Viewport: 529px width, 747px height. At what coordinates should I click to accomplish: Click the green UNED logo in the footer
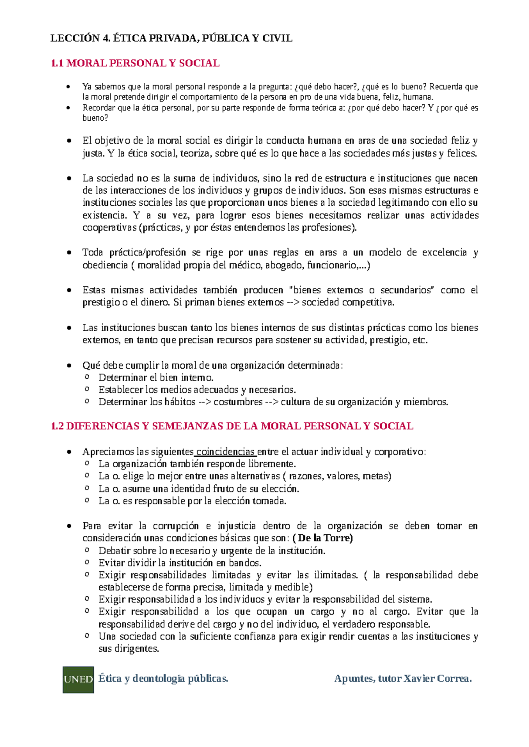coord(78,680)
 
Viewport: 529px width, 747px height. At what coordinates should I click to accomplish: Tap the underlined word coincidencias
coord(226,452)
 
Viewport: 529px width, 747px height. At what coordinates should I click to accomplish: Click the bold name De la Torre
coord(325,538)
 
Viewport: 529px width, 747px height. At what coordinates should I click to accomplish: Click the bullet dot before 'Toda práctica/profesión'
coord(68,253)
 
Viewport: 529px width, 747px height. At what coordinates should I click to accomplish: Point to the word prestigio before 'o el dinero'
coord(101,303)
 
